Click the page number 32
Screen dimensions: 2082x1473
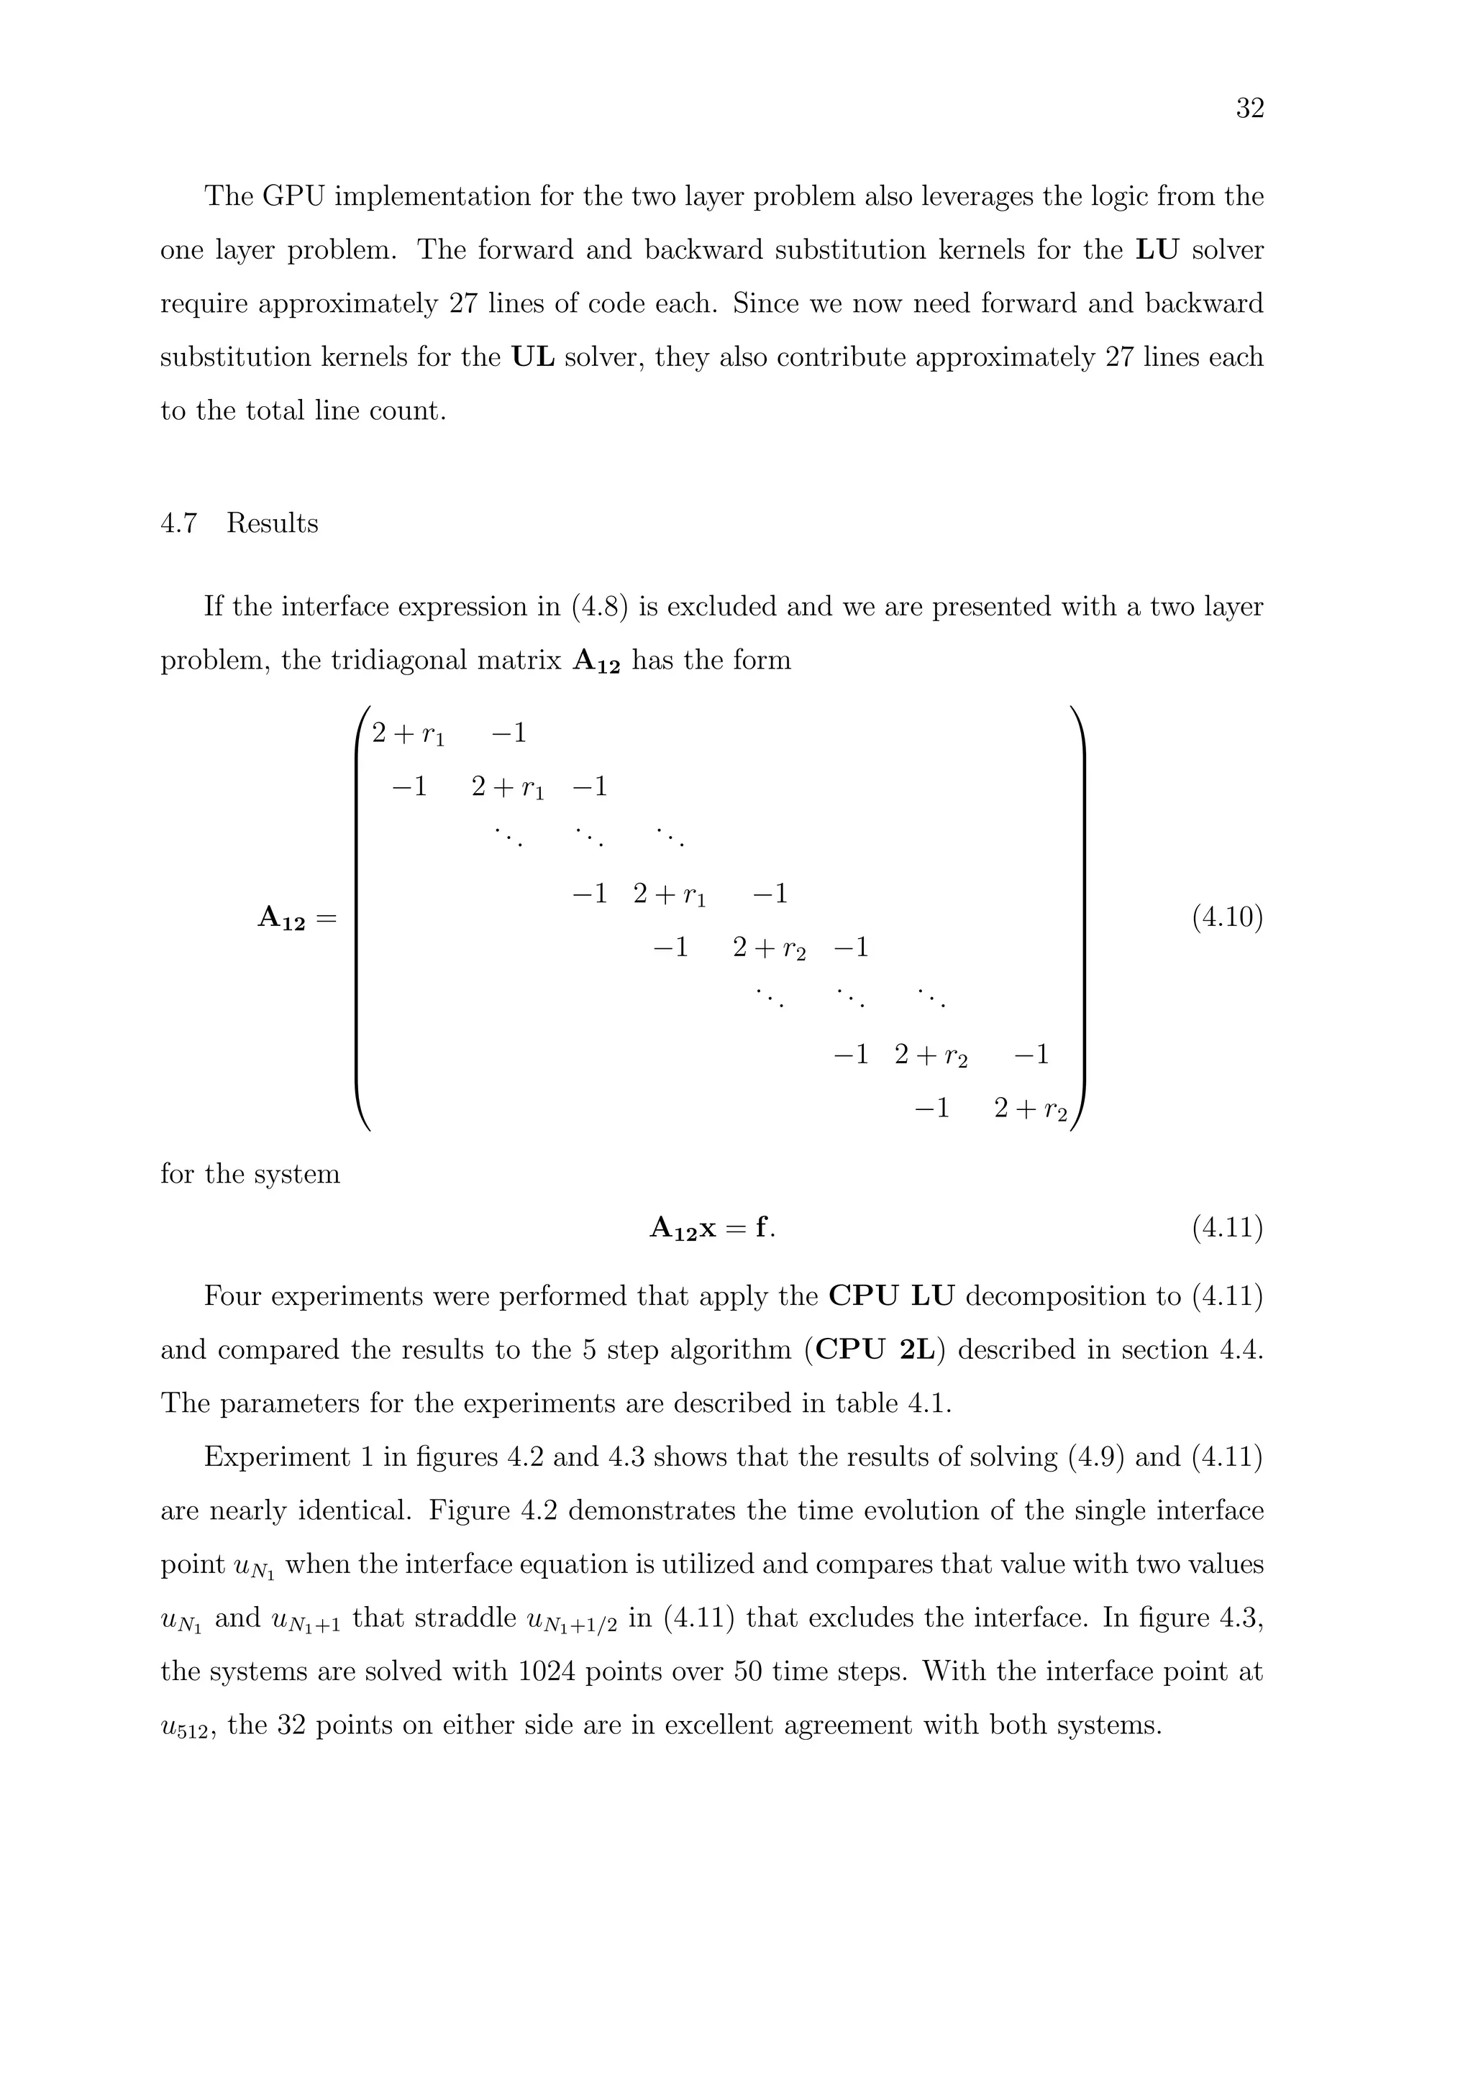(x=1249, y=109)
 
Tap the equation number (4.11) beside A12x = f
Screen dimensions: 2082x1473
(x=1226, y=1228)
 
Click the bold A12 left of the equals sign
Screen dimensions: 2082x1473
(x=282, y=920)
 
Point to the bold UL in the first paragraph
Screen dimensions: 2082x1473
(x=534, y=357)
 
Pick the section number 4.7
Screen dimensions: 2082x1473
(x=178, y=523)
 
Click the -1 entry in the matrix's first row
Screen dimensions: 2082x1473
(x=509, y=733)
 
